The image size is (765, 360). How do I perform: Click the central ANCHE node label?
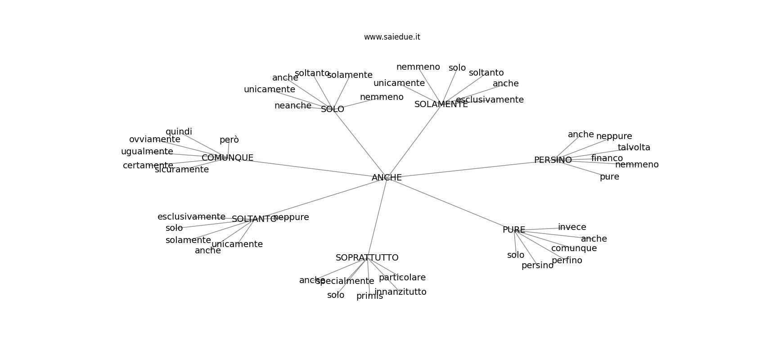click(x=387, y=178)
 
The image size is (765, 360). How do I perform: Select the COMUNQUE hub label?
click(x=227, y=158)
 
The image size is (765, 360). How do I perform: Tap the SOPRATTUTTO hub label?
click(x=367, y=258)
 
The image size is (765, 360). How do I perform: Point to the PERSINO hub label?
click(x=553, y=160)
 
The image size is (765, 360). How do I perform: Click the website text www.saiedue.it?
click(x=392, y=37)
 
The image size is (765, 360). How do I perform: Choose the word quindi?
click(x=179, y=132)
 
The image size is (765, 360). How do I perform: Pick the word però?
click(x=229, y=140)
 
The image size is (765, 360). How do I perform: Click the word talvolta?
click(x=634, y=148)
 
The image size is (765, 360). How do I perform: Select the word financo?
click(x=607, y=158)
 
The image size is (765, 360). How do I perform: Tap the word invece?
click(x=572, y=227)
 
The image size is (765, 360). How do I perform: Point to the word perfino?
click(x=567, y=261)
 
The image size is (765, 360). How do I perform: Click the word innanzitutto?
click(x=400, y=292)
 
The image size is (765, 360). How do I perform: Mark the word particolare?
click(x=402, y=278)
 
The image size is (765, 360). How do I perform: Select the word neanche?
click(x=292, y=106)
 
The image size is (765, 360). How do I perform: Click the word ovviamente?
click(x=154, y=139)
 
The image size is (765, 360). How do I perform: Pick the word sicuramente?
click(x=181, y=170)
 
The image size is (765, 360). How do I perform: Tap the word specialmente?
click(x=345, y=281)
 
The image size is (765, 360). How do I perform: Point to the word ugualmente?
click(x=147, y=152)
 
